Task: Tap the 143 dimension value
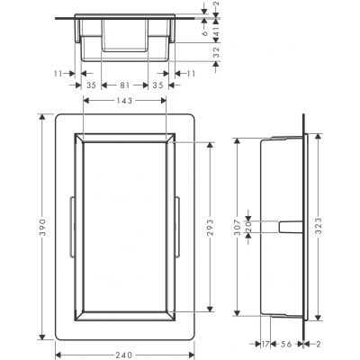125,101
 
